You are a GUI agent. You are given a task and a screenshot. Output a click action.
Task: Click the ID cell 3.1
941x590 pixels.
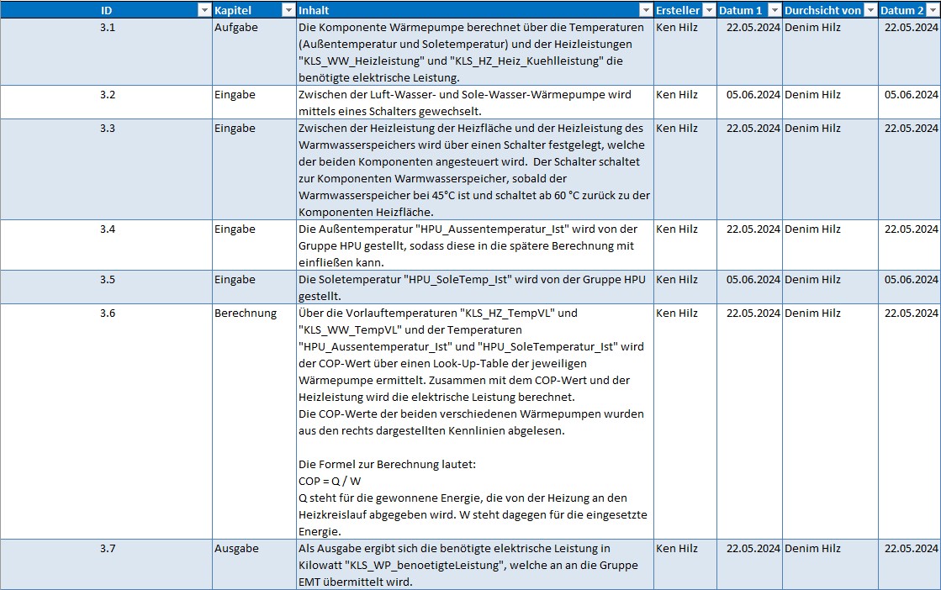[x=107, y=27]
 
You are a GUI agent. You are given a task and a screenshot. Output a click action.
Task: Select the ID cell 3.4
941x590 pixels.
[x=107, y=229]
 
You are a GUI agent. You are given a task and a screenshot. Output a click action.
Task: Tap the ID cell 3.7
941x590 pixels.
[x=107, y=548]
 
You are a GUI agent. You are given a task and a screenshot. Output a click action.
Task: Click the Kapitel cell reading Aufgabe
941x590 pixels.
[x=235, y=27]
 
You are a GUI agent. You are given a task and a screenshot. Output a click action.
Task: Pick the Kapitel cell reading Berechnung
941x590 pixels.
[x=245, y=313]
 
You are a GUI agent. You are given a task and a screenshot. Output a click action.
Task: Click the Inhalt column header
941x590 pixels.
[x=314, y=10]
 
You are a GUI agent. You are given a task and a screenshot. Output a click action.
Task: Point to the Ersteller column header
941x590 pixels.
[x=677, y=10]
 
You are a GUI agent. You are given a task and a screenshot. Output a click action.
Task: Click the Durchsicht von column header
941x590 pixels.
[x=822, y=10]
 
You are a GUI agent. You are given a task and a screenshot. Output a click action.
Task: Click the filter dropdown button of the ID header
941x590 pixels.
[x=203, y=10]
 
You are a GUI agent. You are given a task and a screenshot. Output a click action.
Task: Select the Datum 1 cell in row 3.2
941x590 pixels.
[x=753, y=94]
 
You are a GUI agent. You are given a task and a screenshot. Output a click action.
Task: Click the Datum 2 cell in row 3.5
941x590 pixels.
[x=911, y=279]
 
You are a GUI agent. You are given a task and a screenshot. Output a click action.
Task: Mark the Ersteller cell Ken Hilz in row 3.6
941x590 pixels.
[x=677, y=313]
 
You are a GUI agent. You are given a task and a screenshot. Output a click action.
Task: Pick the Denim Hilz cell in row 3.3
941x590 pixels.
[x=812, y=128]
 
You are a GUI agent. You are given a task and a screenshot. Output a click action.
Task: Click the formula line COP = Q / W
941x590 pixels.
[x=330, y=481]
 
